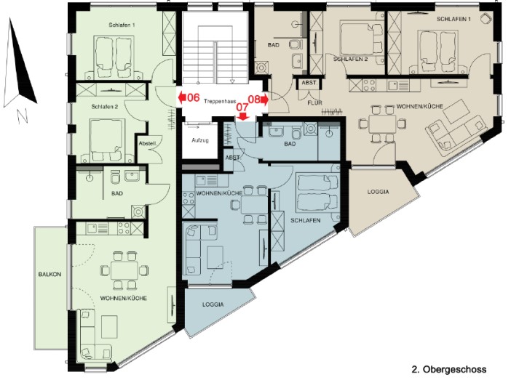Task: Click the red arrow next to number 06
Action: coord(182,97)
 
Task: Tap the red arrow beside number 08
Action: coord(265,100)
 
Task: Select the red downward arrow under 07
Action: coord(242,116)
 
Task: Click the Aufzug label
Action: coord(199,140)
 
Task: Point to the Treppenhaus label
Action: coord(220,102)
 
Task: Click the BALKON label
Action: coord(49,274)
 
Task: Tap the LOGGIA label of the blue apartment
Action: coord(213,304)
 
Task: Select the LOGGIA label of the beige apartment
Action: coord(378,192)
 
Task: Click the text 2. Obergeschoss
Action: coord(449,369)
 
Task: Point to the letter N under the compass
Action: coord(22,116)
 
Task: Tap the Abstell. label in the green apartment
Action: coord(148,143)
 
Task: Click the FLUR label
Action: coord(314,102)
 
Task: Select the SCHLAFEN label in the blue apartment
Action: coord(305,220)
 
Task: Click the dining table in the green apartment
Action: coord(124,270)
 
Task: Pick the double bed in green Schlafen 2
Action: coord(108,138)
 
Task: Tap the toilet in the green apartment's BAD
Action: coord(115,177)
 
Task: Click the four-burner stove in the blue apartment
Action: coord(189,198)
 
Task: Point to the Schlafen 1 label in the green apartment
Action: coord(122,25)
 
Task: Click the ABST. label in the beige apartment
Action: coord(309,83)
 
